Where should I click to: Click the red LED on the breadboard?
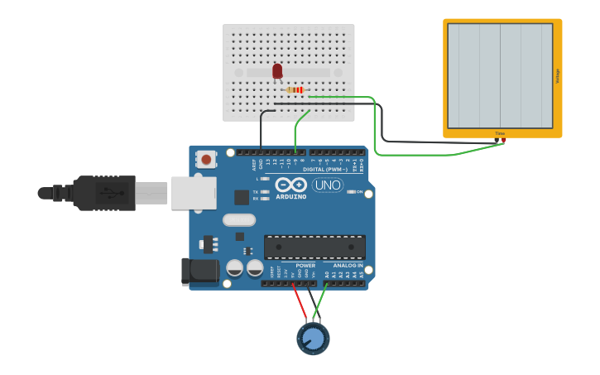(277, 71)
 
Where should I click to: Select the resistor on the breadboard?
(295, 89)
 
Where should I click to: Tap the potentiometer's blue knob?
(313, 339)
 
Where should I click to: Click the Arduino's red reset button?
(205, 157)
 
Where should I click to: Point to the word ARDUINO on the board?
(290, 197)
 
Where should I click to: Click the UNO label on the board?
(328, 185)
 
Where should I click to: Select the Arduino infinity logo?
(290, 185)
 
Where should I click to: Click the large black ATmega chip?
(314, 247)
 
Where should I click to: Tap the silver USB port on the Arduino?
(194, 193)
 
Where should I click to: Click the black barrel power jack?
(200, 271)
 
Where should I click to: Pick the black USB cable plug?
(103, 193)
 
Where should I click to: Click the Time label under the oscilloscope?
(500, 132)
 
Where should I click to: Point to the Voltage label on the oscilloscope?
(558, 76)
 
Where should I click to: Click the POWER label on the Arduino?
(294, 266)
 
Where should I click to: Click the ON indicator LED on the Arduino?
(351, 192)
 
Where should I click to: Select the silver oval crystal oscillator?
(239, 220)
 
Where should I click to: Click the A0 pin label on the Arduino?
(327, 273)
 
